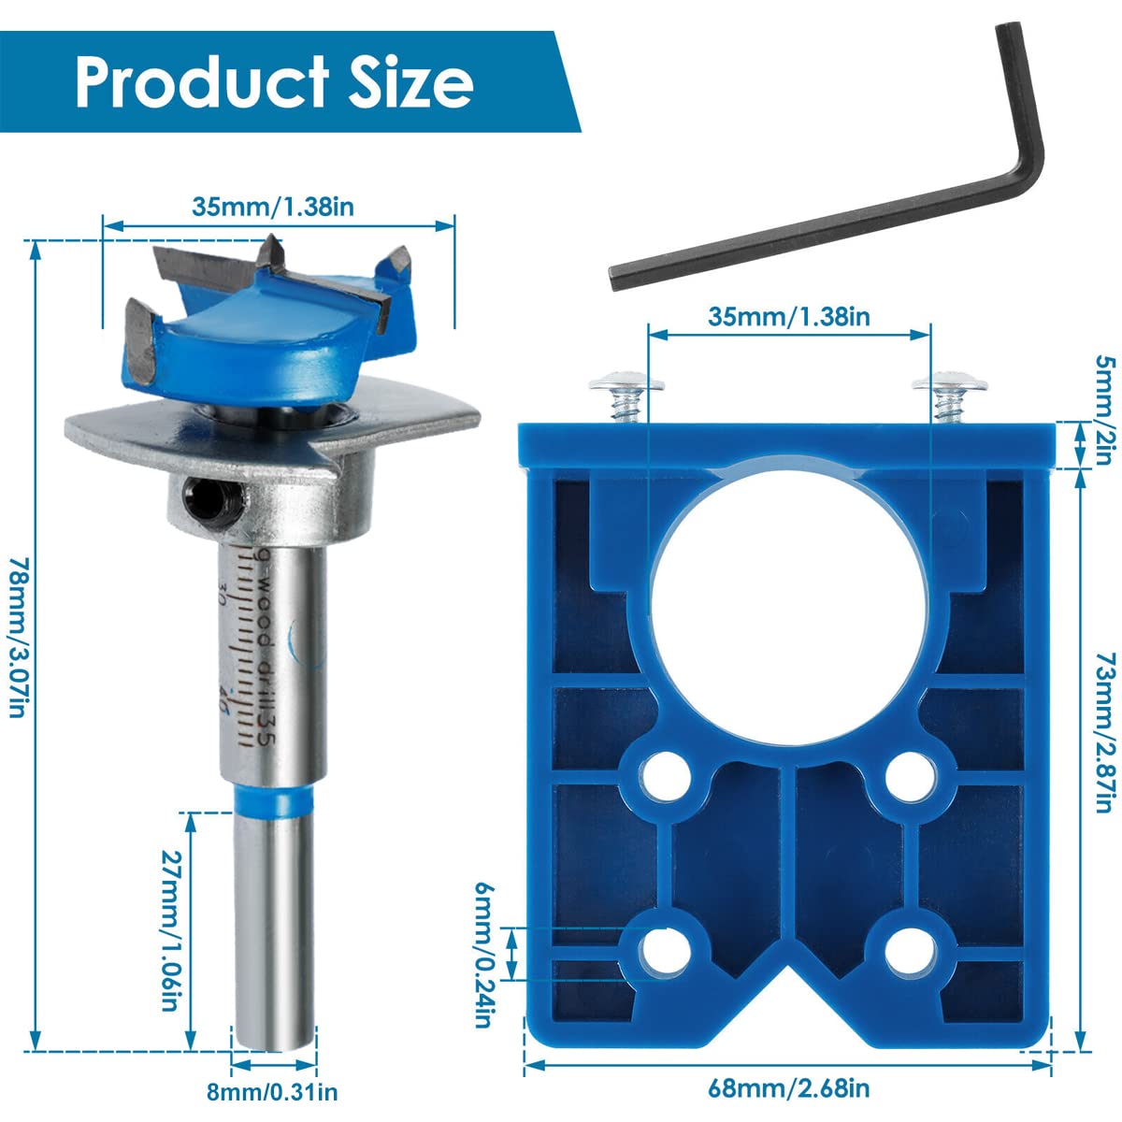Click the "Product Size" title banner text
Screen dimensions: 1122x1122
273,81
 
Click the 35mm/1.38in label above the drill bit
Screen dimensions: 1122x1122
273,207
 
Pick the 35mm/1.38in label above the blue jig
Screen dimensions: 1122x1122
789,316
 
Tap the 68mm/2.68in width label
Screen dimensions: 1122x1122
789,1089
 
